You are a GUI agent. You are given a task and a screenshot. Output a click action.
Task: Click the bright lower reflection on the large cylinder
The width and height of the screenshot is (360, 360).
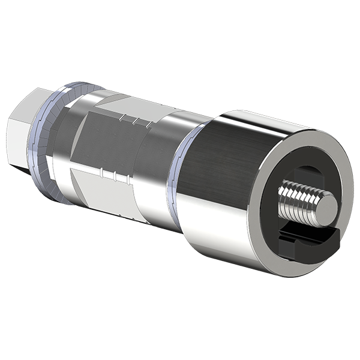click(222, 240)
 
